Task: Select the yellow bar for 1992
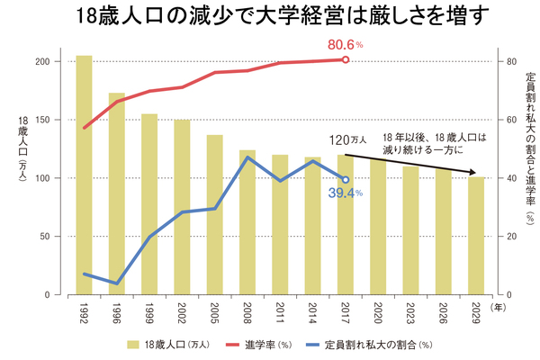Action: [84, 175]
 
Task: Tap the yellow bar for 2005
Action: [215, 215]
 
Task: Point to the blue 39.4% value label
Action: [345, 193]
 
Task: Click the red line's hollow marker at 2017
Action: [346, 60]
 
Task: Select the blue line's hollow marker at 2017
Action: [346, 180]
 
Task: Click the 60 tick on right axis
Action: [509, 120]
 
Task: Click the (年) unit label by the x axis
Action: [499, 307]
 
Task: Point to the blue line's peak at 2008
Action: [247, 157]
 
